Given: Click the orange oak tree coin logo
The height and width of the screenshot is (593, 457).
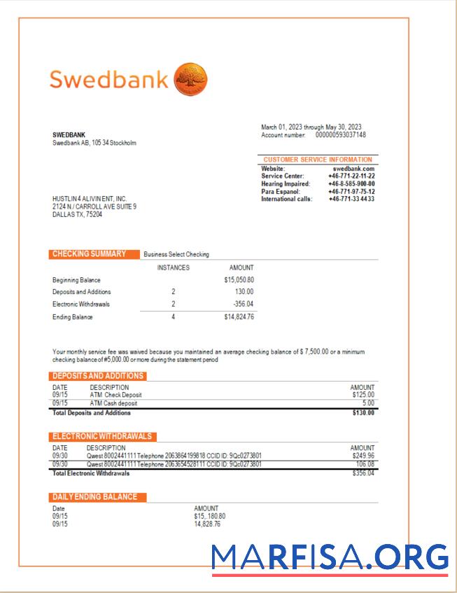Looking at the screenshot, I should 190,78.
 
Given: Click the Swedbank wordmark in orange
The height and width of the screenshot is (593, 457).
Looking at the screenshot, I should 108,79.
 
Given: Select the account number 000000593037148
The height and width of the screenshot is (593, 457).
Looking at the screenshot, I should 340,134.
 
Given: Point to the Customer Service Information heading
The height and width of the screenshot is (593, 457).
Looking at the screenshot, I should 318,160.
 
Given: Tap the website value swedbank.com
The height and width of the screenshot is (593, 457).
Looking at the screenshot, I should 353,169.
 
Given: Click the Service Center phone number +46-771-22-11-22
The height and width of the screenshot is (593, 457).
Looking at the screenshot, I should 351,176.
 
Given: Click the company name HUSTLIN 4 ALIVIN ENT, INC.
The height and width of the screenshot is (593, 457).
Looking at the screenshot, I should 90,199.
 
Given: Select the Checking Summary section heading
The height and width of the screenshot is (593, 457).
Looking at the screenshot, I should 90,254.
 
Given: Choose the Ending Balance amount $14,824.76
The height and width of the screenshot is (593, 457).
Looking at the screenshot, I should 239,317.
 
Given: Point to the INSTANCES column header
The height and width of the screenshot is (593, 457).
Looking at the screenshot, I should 173,267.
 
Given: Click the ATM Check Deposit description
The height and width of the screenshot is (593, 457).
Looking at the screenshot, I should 115,395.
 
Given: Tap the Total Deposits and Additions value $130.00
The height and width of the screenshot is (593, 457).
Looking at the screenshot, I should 363,413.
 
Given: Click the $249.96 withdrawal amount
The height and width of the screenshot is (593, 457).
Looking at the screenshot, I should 362,456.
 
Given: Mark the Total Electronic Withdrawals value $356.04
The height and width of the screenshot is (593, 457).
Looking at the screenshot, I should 363,473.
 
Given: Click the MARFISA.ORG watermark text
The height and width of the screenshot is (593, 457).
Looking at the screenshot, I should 330,557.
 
